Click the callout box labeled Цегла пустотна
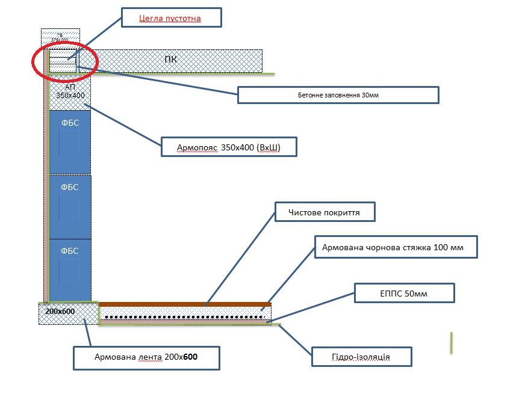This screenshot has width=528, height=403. coord(171,18)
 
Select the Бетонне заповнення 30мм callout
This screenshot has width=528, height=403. coord(338,95)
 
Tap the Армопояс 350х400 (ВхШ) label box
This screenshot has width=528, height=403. coord(229,147)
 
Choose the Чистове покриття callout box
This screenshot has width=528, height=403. coord(325,212)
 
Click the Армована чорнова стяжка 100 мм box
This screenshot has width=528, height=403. coord(396,247)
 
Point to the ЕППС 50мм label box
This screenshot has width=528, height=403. coord(404,293)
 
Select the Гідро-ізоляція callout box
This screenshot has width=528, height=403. coord(361,357)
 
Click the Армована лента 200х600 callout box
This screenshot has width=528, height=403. coord(146,357)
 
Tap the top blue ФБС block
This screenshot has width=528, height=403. coord(70,141)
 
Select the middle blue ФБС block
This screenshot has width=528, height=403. coord(70,206)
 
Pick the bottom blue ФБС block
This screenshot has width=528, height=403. coord(70,269)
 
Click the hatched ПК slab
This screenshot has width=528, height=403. coord(178,60)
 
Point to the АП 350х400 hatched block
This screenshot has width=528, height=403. coord(70,92)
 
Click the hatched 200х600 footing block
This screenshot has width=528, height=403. coord(68,313)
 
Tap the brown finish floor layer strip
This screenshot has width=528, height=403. coord(184,304)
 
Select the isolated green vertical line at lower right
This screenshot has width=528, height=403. coord(452,342)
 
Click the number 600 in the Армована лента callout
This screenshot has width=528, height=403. coord(190,357)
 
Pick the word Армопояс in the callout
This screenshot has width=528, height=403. coord(197,147)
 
